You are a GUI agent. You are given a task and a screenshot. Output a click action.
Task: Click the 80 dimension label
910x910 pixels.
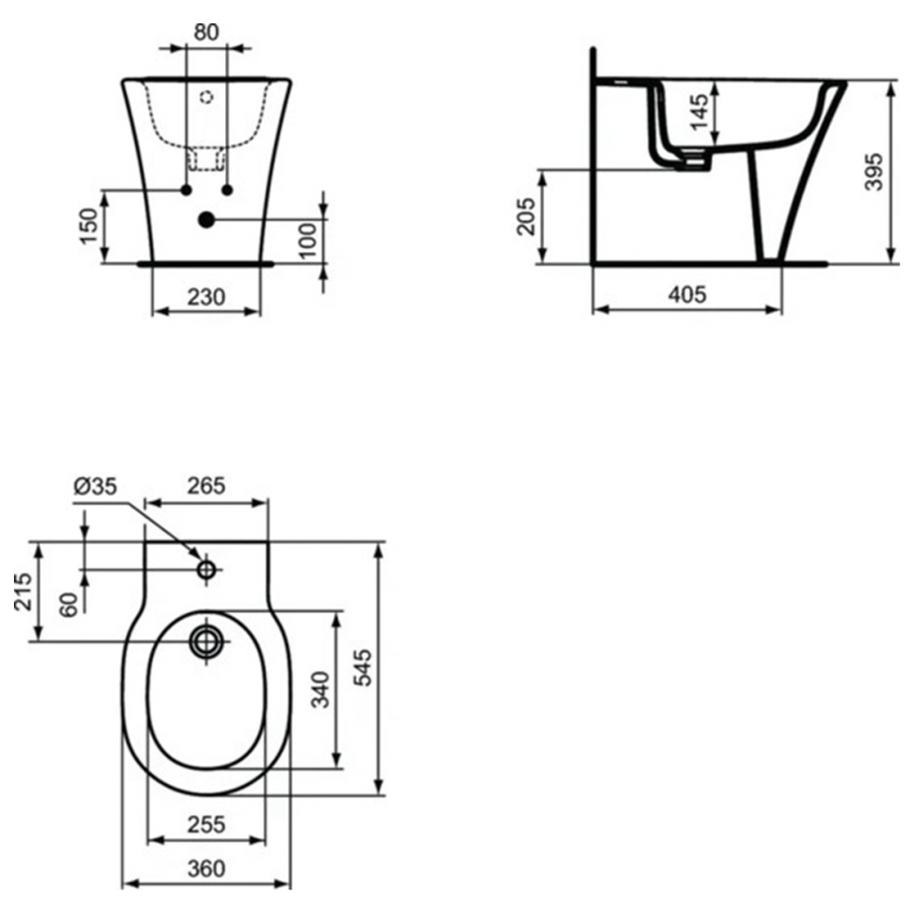(x=206, y=32)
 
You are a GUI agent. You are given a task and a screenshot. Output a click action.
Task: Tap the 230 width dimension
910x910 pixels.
(x=206, y=297)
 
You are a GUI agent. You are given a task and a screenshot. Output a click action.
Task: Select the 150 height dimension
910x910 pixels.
(x=89, y=226)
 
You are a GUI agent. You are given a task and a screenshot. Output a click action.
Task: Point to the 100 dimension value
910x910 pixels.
(x=307, y=239)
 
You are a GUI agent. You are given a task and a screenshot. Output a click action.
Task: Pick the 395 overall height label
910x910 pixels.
(x=873, y=172)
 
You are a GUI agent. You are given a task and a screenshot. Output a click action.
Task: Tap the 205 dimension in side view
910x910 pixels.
(x=525, y=217)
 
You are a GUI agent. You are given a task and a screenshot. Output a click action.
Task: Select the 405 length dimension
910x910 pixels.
(x=687, y=295)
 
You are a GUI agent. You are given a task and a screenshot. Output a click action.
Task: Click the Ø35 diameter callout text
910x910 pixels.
(x=95, y=486)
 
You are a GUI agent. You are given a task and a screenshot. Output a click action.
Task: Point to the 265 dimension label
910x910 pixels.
(x=206, y=486)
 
